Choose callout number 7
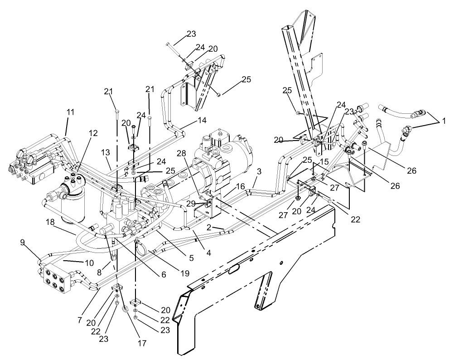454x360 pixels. [x=79, y=320]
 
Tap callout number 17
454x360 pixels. [x=142, y=343]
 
